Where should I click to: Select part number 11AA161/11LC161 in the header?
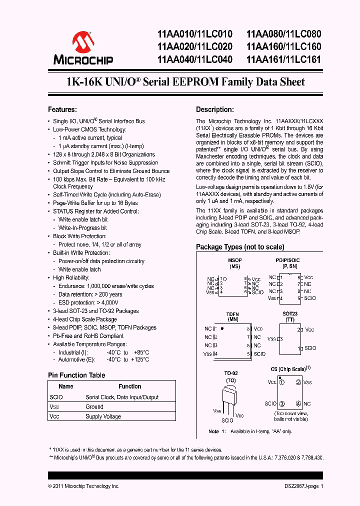(283, 59)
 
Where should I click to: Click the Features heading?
(62, 109)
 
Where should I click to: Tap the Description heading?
(214, 109)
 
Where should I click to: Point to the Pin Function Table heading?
(76, 375)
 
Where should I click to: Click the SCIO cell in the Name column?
(56, 397)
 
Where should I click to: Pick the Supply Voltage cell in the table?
(103, 416)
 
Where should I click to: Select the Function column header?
(129, 386)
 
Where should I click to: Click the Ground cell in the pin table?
(94, 407)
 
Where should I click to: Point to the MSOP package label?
(234, 260)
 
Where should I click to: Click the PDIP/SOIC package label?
(287, 260)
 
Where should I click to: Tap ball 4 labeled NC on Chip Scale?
(298, 403)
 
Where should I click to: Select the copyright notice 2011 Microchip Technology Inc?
(83, 486)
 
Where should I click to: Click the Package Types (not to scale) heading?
(240, 247)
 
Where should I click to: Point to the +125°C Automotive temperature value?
(139, 359)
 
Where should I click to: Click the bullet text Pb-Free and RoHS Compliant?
(88, 336)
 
